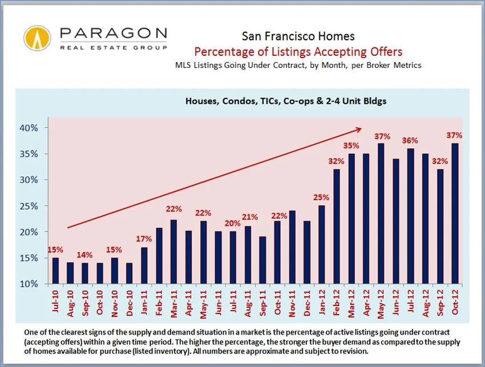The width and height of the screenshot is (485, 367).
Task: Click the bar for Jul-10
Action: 55,271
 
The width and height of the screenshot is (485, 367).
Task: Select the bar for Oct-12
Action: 455,214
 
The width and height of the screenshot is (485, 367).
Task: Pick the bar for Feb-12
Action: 337,226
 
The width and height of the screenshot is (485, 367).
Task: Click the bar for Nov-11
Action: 292,247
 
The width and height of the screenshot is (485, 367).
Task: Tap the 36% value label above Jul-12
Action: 410,140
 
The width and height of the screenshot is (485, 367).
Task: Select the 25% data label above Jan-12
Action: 322,197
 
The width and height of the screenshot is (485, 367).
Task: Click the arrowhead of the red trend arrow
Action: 360,128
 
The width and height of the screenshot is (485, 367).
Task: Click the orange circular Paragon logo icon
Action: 37,38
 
